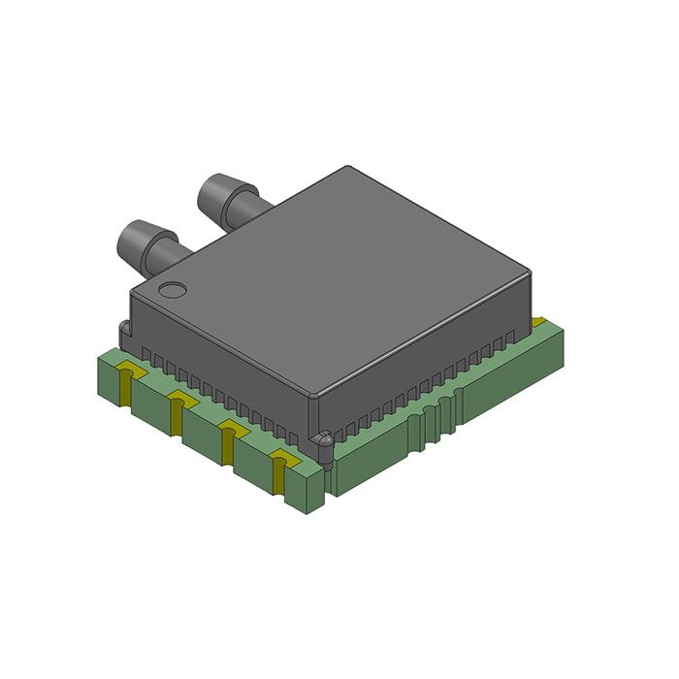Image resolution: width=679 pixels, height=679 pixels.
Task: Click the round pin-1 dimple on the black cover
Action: point(173,289)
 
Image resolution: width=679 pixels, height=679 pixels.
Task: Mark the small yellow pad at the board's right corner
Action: point(538,321)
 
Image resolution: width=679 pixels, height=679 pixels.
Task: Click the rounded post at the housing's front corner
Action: point(323,441)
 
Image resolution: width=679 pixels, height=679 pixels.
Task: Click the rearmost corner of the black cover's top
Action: point(346,168)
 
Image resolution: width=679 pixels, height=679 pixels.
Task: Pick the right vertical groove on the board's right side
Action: point(448,412)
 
